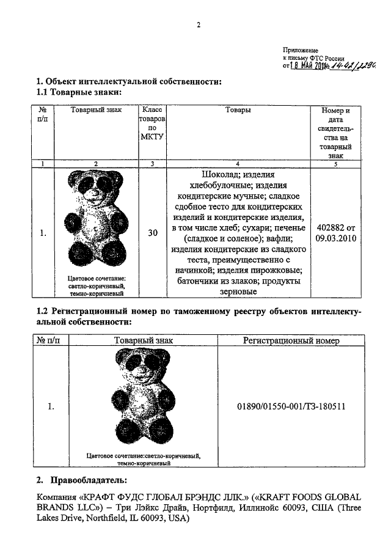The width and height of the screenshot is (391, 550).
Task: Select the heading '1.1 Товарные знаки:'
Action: tap(79, 92)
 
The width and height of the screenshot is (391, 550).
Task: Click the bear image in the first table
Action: tap(97, 219)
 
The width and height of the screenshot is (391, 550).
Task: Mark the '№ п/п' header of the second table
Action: tap(50, 341)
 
